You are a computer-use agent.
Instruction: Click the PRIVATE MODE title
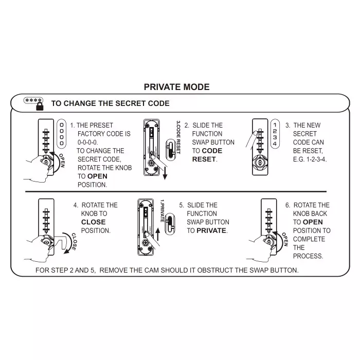[x=176, y=87]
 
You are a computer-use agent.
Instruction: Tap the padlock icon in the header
[x=40, y=106]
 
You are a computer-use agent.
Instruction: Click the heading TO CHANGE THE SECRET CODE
[x=110, y=103]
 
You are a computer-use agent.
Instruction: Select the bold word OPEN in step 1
[x=97, y=176]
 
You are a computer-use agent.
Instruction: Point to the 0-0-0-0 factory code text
[x=91, y=142]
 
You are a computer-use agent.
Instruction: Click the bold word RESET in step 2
[x=204, y=159]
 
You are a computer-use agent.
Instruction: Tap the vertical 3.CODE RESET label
[x=178, y=137]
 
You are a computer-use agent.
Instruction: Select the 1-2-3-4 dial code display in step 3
[x=275, y=134]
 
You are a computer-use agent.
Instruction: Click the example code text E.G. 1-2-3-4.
[x=310, y=159]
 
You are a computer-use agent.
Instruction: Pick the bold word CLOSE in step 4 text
[x=93, y=222]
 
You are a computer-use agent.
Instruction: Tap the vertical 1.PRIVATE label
[x=162, y=211]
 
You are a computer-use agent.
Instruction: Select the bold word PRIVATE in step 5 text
[x=211, y=230]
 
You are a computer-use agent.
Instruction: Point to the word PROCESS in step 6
[x=308, y=256]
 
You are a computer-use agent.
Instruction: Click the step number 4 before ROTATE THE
[x=76, y=205]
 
